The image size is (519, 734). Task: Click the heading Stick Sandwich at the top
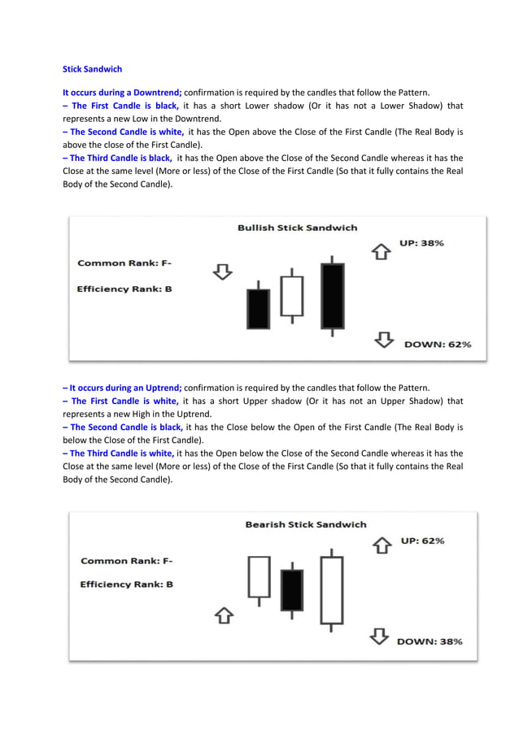93,70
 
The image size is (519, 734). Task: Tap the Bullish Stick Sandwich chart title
297,228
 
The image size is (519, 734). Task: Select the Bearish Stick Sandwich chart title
305,524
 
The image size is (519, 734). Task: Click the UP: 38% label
421,243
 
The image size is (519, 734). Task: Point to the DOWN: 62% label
438,344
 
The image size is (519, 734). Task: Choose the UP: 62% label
422,541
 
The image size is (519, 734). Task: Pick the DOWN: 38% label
430,641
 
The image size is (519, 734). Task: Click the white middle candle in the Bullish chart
291,297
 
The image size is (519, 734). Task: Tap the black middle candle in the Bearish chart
291,589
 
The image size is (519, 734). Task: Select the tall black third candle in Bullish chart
332,295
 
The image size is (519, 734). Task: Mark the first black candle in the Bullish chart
258,308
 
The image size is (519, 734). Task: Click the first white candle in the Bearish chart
259,577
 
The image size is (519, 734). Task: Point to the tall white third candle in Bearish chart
331,589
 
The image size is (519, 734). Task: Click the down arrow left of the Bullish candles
222,271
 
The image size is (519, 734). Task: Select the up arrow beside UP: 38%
381,251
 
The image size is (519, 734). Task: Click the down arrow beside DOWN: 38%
380,636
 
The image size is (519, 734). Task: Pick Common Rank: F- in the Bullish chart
124,263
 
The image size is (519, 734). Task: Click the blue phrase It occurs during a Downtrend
122,92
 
